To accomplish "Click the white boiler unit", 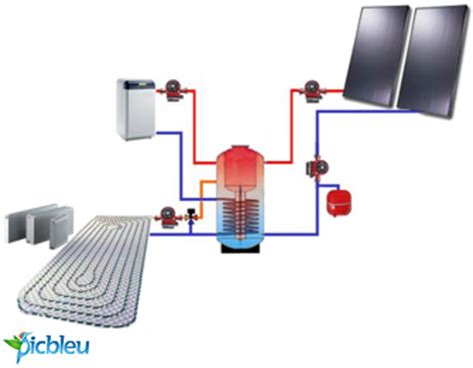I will click(x=134, y=109).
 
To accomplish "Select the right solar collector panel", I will click(x=432, y=62).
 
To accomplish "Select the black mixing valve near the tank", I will click(x=190, y=215).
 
